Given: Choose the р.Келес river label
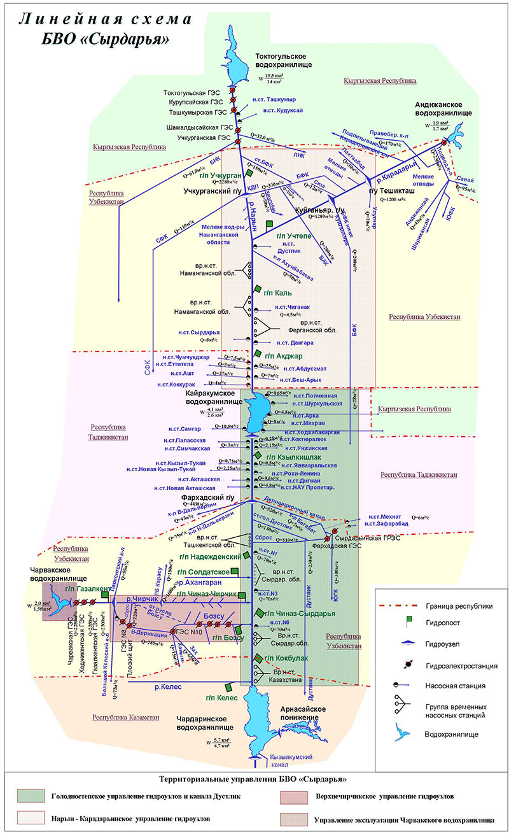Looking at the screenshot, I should click(168, 686).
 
